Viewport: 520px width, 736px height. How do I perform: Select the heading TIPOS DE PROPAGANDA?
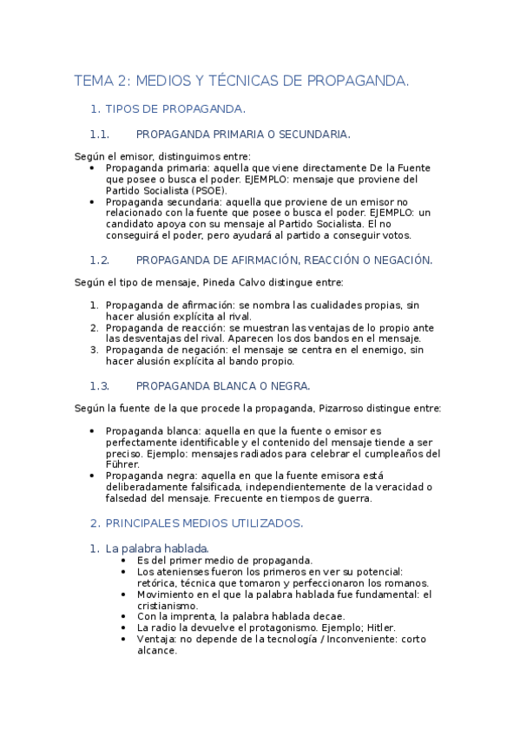pyautogui.click(x=174, y=108)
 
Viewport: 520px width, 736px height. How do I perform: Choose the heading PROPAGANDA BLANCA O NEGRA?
pyautogui.click(x=223, y=385)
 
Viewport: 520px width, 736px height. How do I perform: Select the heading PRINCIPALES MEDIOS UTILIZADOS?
pyautogui.click(x=204, y=522)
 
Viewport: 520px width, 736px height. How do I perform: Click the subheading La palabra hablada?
pyautogui.click(x=157, y=549)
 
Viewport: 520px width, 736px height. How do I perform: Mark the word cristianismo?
pyautogui.click(x=167, y=605)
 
